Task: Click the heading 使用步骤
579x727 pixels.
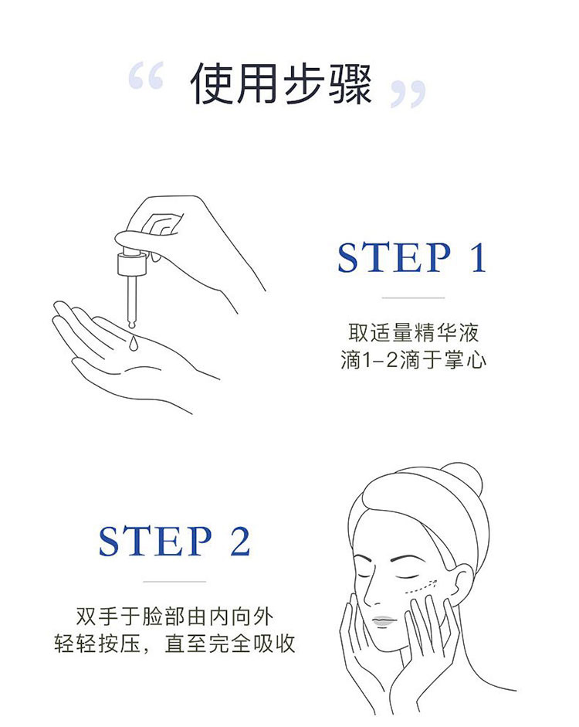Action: pos(281,84)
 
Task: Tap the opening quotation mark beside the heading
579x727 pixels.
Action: pos(146,76)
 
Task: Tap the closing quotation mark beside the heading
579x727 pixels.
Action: pos(408,94)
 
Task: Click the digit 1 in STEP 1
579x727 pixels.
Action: pos(479,257)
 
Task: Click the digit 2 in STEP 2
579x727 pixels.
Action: pos(240,541)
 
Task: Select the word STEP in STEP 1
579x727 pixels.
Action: pos(394,257)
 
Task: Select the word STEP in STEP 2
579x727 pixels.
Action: pos(155,541)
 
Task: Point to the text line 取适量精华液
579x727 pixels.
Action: pos(413,332)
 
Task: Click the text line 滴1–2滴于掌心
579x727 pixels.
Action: pos(413,360)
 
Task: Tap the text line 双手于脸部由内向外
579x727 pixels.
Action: pos(174,617)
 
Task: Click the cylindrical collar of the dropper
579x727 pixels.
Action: pos(133,263)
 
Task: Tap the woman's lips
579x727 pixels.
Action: pos(384,621)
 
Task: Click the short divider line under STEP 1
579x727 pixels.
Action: pos(413,297)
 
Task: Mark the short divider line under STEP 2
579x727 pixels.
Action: pos(174,582)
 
